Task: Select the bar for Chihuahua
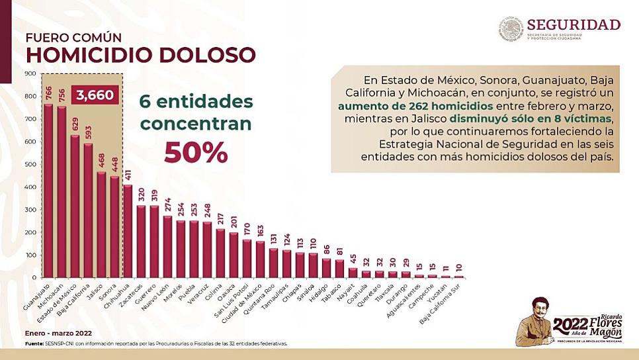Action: click(x=128, y=231)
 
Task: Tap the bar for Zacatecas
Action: click(x=142, y=241)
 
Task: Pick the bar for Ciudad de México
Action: click(x=259, y=259)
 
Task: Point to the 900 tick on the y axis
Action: click(x=30, y=73)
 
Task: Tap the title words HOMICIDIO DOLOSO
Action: click(x=140, y=54)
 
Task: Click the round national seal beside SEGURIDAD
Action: click(x=511, y=29)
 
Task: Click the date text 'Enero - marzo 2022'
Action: click(x=59, y=333)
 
